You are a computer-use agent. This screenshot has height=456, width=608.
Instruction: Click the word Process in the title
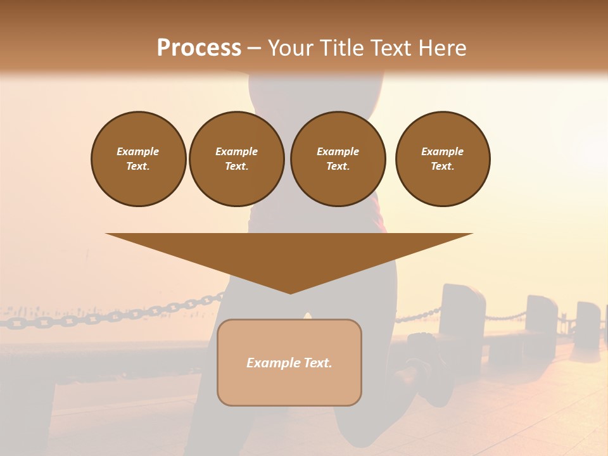[199, 48]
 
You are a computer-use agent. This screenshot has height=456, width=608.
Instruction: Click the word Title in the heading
[342, 48]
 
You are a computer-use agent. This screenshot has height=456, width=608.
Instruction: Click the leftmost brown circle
[139, 159]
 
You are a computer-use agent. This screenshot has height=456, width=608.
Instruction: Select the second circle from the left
[237, 159]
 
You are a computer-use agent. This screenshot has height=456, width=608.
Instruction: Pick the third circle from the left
[338, 159]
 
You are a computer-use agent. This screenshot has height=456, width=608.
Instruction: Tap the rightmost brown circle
[443, 159]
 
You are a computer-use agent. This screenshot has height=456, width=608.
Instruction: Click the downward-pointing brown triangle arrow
[289, 253]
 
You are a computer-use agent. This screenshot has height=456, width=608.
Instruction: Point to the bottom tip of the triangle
[290, 293]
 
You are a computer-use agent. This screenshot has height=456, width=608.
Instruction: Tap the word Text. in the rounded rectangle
[317, 363]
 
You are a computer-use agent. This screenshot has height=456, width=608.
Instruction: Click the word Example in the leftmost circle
[138, 152]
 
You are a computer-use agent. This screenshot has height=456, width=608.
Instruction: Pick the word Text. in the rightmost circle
[443, 167]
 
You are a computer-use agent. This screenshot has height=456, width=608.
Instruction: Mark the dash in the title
[255, 49]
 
